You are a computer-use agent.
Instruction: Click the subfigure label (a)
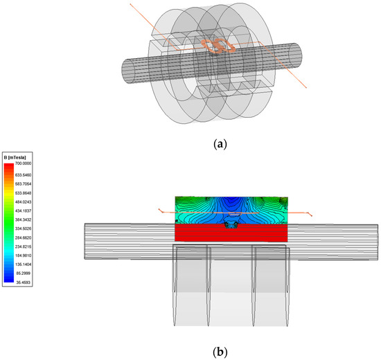click(x=220, y=144)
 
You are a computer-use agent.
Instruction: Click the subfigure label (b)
click(x=220, y=352)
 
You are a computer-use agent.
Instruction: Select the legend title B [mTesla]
click(x=15, y=157)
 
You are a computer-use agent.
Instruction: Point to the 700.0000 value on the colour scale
click(x=24, y=163)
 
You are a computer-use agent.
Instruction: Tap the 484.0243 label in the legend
click(x=24, y=202)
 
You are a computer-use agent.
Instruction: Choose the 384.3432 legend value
click(x=24, y=219)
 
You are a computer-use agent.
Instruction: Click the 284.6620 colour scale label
click(x=24, y=237)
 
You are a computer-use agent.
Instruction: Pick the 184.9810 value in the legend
click(x=24, y=255)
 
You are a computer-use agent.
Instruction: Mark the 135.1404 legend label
click(x=24, y=264)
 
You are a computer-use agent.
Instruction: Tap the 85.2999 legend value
click(x=24, y=273)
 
